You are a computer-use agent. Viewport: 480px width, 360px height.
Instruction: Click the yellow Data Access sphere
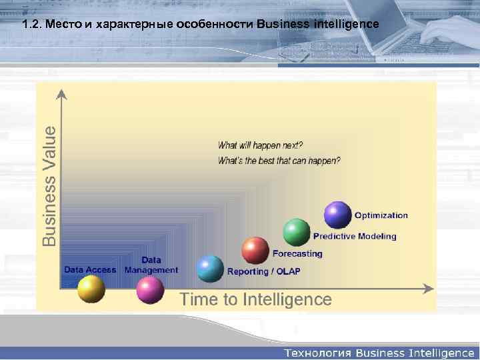91,289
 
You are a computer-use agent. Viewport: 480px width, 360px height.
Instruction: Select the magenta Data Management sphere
150,289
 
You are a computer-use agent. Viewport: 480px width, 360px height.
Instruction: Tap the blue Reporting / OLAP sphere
211,269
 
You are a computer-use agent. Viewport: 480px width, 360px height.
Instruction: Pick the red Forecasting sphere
255,251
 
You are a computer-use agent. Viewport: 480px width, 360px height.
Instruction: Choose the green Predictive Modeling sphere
297,232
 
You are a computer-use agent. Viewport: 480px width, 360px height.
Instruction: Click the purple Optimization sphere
337,215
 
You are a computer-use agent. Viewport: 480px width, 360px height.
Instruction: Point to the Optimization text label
381,215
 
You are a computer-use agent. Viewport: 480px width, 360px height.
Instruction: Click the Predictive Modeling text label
355,236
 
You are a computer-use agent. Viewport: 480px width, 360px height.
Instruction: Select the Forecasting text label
297,254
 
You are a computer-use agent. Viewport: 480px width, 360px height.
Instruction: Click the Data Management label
151,265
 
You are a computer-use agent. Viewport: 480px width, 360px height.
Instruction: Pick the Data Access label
90,270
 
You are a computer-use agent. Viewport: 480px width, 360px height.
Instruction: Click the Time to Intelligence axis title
255,299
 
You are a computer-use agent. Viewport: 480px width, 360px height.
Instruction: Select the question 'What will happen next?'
261,145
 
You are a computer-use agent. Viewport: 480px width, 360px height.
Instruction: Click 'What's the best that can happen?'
279,160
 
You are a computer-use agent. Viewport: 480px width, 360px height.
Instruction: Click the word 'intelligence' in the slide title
346,25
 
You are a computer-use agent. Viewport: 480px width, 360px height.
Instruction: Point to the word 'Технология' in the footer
318,352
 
